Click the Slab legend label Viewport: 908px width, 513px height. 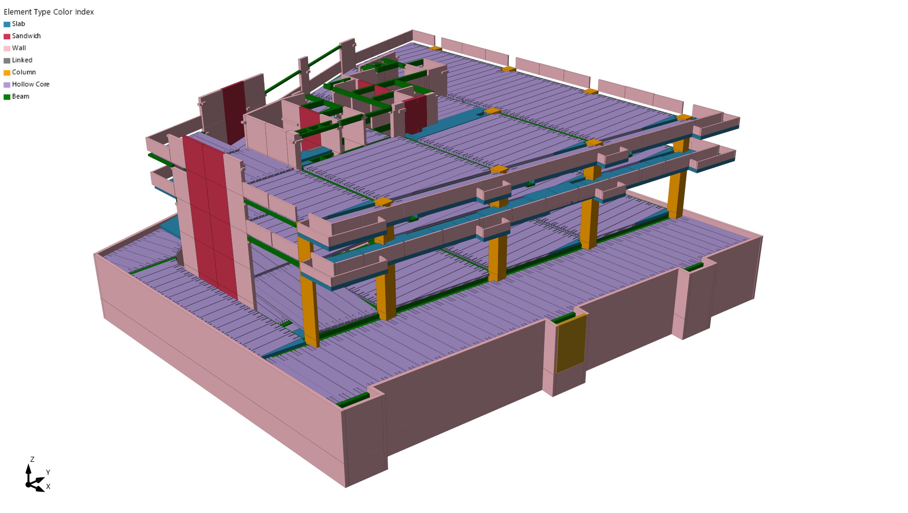pyautogui.click(x=18, y=24)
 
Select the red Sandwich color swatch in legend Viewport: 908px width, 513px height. pyautogui.click(x=7, y=36)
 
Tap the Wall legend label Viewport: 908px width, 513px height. pyautogui.click(x=19, y=48)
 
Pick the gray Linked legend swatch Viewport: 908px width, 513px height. pyautogui.click(x=7, y=60)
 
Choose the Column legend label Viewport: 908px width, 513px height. pyautogui.click(x=24, y=72)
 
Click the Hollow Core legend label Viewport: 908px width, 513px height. pyautogui.click(x=31, y=84)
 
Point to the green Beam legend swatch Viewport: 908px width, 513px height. pyautogui.click(x=7, y=97)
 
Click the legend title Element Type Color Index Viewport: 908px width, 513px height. pyautogui.click(x=49, y=12)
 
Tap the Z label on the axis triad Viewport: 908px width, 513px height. pyautogui.click(x=32, y=459)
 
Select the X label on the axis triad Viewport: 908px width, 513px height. pyautogui.click(x=48, y=486)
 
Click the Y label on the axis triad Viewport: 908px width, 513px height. pyautogui.click(x=48, y=472)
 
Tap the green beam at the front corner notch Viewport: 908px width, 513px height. pyautogui.click(x=353, y=400)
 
